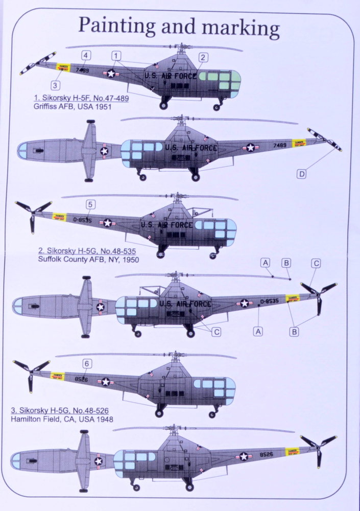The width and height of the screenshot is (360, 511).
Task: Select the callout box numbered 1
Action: (x=117, y=55)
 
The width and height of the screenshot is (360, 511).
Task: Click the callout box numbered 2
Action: (x=203, y=58)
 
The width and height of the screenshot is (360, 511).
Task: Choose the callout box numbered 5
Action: (x=90, y=204)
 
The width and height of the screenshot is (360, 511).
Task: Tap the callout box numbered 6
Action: (x=87, y=363)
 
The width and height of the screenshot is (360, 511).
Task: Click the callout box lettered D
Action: (x=302, y=174)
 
